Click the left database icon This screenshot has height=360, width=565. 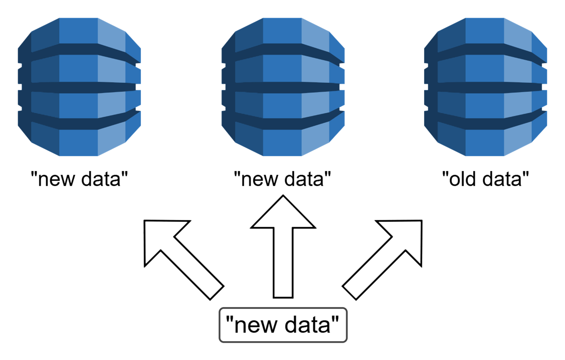[79, 87]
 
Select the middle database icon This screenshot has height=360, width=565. [283, 87]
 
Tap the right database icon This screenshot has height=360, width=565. [486, 87]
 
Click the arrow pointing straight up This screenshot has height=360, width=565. [283, 249]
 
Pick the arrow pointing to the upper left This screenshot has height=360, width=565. [182, 259]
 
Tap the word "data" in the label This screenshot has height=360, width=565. [307, 325]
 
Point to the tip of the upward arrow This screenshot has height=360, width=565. [283, 198]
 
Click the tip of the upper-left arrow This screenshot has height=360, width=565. [147, 223]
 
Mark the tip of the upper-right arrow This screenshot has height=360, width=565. [419, 223]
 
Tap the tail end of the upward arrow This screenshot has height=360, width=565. [283, 295]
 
